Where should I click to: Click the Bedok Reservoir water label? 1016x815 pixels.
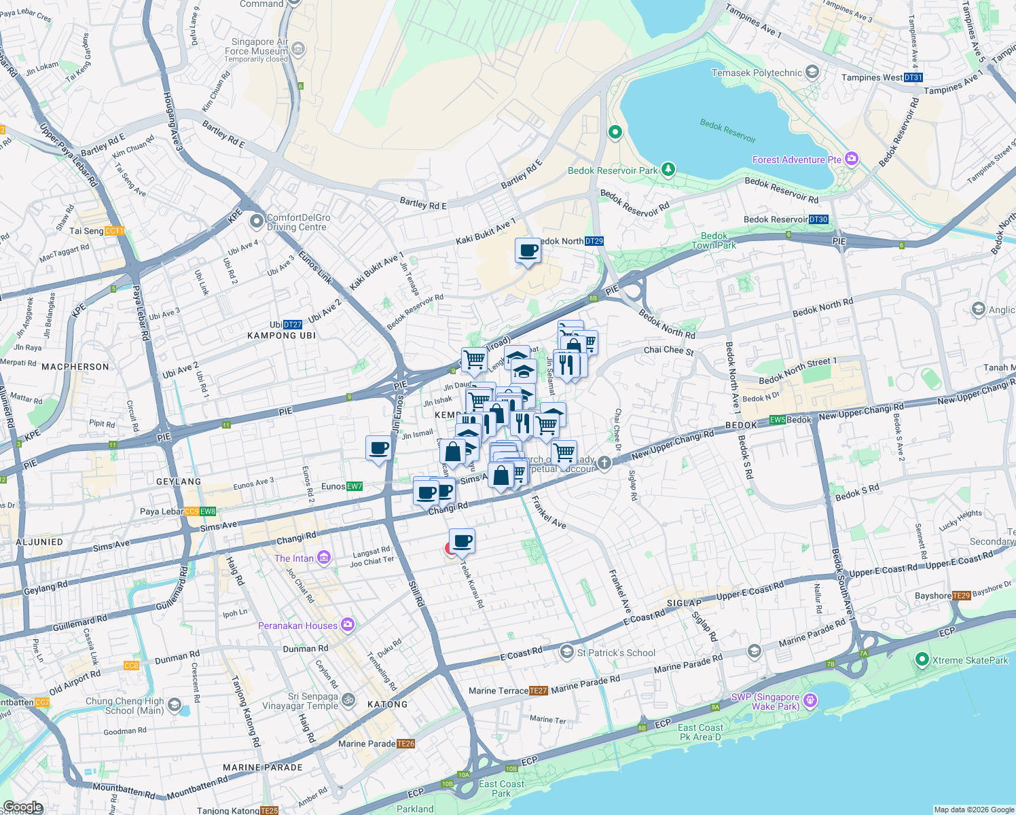pyautogui.click(x=727, y=130)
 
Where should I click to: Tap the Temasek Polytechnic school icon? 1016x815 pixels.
pyautogui.click(x=812, y=72)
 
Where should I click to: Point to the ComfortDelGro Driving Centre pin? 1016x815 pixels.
pyautogui.click(x=257, y=221)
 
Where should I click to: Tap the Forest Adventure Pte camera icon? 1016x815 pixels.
pyautogui.click(x=852, y=160)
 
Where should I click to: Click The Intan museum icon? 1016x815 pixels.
pyautogui.click(x=323, y=558)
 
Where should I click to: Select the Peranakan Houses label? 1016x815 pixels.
pyautogui.click(x=297, y=626)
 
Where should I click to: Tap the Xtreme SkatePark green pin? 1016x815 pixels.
pyautogui.click(x=922, y=659)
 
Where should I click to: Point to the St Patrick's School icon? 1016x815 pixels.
pyautogui.click(x=566, y=653)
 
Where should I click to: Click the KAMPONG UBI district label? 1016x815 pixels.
pyautogui.click(x=281, y=336)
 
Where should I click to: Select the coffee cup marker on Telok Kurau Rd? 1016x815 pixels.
pyautogui.click(x=462, y=542)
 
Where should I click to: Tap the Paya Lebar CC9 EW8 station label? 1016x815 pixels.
pyautogui.click(x=178, y=511)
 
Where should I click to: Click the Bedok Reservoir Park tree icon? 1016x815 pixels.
pyautogui.click(x=668, y=169)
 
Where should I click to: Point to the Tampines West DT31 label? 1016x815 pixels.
pyautogui.click(x=882, y=77)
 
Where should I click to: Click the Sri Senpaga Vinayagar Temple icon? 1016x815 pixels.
pyautogui.click(x=348, y=699)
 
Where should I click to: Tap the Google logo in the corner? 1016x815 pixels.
pyautogui.click(x=22, y=807)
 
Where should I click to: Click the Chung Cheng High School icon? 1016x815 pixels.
pyautogui.click(x=175, y=705)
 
